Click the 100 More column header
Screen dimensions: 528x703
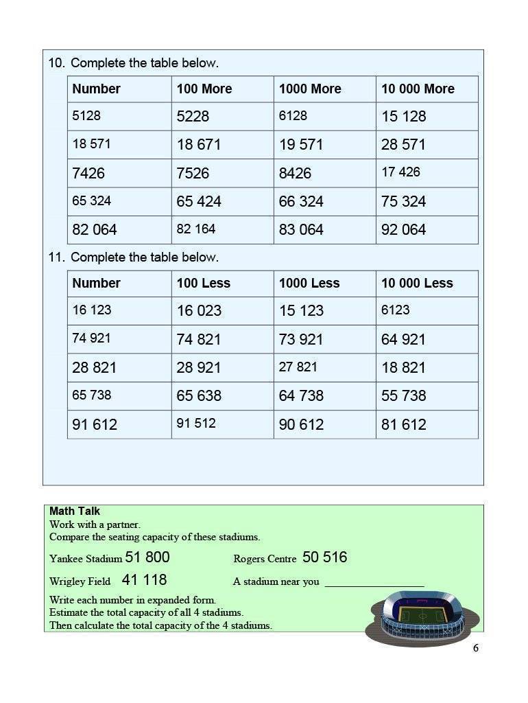204,89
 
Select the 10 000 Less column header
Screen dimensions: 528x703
417,284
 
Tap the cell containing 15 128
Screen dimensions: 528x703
404,117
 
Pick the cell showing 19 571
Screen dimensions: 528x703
301,145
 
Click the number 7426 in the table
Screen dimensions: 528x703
88,174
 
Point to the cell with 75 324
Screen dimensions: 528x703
404,202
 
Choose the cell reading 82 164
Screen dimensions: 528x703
196,229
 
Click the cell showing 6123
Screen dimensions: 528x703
396,310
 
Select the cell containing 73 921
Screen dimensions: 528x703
301,339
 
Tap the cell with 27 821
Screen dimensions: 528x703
298,367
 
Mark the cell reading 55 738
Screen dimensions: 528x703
404,396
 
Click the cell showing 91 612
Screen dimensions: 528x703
95,425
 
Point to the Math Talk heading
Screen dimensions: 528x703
75,511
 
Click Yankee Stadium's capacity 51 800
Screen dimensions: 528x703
147,557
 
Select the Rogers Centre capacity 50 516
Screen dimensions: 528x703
325,557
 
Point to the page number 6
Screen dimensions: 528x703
475,648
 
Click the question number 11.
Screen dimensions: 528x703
56,257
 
